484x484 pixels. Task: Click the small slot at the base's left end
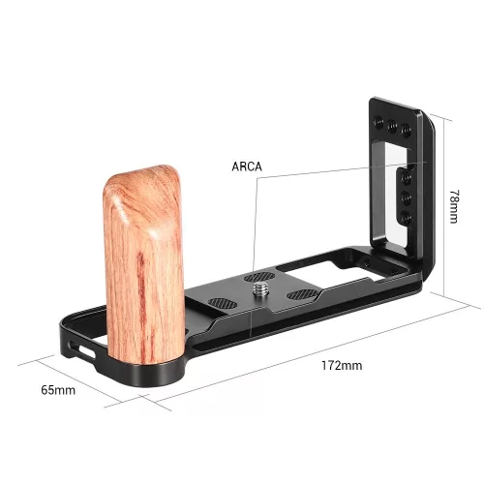coord(79,346)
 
